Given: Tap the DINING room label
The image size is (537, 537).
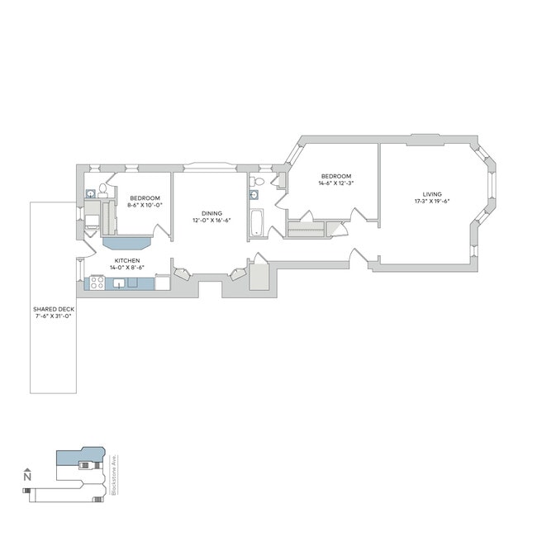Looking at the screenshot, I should click(x=211, y=213).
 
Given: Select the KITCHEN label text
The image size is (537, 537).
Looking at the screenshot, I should click(x=127, y=261).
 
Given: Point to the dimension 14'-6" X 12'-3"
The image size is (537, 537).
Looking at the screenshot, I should click(x=336, y=183).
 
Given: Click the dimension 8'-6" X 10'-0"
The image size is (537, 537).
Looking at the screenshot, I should click(x=145, y=204).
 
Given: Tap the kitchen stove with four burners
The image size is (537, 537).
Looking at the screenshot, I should click(x=96, y=283).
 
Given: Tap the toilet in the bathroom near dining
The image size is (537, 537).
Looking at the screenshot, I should click(x=258, y=181).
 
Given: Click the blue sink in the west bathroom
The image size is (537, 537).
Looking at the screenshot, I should click(x=90, y=194).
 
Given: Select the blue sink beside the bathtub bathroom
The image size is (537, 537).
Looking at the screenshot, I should click(x=254, y=195).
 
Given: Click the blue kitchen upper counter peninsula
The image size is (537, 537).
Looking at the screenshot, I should click(x=127, y=243).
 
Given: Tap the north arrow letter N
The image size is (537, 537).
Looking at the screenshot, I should click(x=27, y=477).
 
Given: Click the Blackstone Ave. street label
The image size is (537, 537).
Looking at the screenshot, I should click(x=113, y=479).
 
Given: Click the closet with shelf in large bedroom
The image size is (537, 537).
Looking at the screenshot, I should click(x=306, y=229).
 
